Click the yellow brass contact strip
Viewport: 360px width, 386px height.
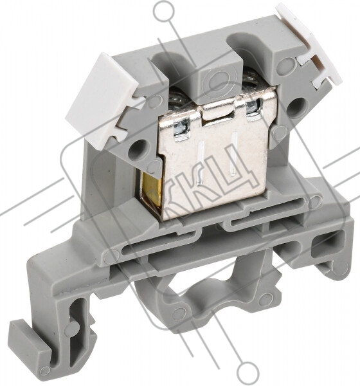152,192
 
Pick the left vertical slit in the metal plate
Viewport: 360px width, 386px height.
199,163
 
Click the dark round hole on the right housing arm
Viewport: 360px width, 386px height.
296,106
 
